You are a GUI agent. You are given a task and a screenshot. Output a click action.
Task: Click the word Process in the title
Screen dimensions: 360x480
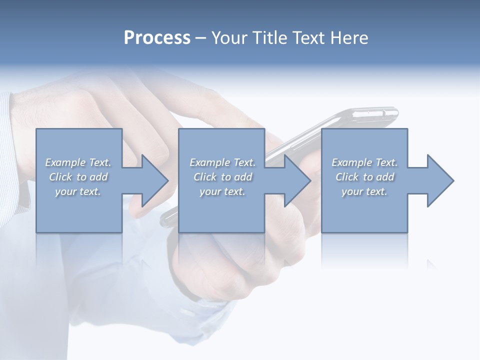pyautogui.click(x=157, y=38)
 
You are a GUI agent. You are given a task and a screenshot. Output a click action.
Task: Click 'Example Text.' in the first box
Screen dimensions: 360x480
pyautogui.click(x=78, y=162)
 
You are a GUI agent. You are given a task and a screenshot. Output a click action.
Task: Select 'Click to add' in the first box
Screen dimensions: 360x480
pyautogui.click(x=78, y=177)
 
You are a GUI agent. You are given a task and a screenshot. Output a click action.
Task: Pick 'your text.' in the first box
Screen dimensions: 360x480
pyautogui.click(x=78, y=191)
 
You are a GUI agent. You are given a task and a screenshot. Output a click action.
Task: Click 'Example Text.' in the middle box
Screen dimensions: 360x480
pyautogui.click(x=222, y=162)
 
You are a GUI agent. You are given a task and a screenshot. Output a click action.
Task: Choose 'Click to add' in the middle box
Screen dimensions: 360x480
pyautogui.click(x=222, y=177)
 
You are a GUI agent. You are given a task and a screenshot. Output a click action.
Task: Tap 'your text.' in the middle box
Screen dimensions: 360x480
pyautogui.click(x=222, y=191)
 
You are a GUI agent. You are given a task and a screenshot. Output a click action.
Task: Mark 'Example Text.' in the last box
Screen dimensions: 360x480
pyautogui.click(x=364, y=162)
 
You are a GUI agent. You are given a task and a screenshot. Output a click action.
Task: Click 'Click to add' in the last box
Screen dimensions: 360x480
pyautogui.click(x=364, y=177)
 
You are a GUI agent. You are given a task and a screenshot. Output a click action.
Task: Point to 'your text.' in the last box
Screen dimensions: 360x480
pyautogui.click(x=364, y=191)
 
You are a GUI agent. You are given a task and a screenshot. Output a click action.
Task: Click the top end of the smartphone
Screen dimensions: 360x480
pyautogui.click(x=380, y=114)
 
